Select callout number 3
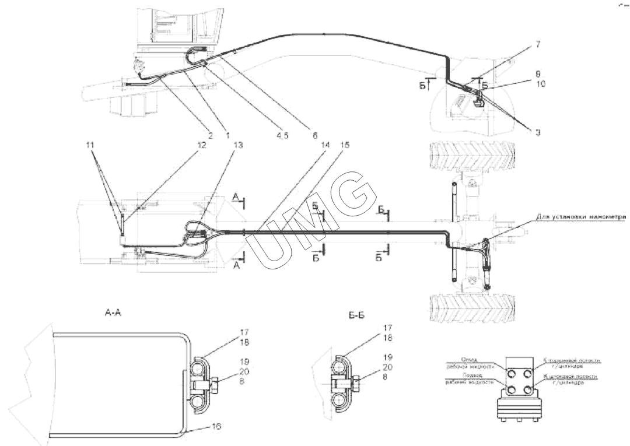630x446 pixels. point(537,133)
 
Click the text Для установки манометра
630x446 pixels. point(583,217)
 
